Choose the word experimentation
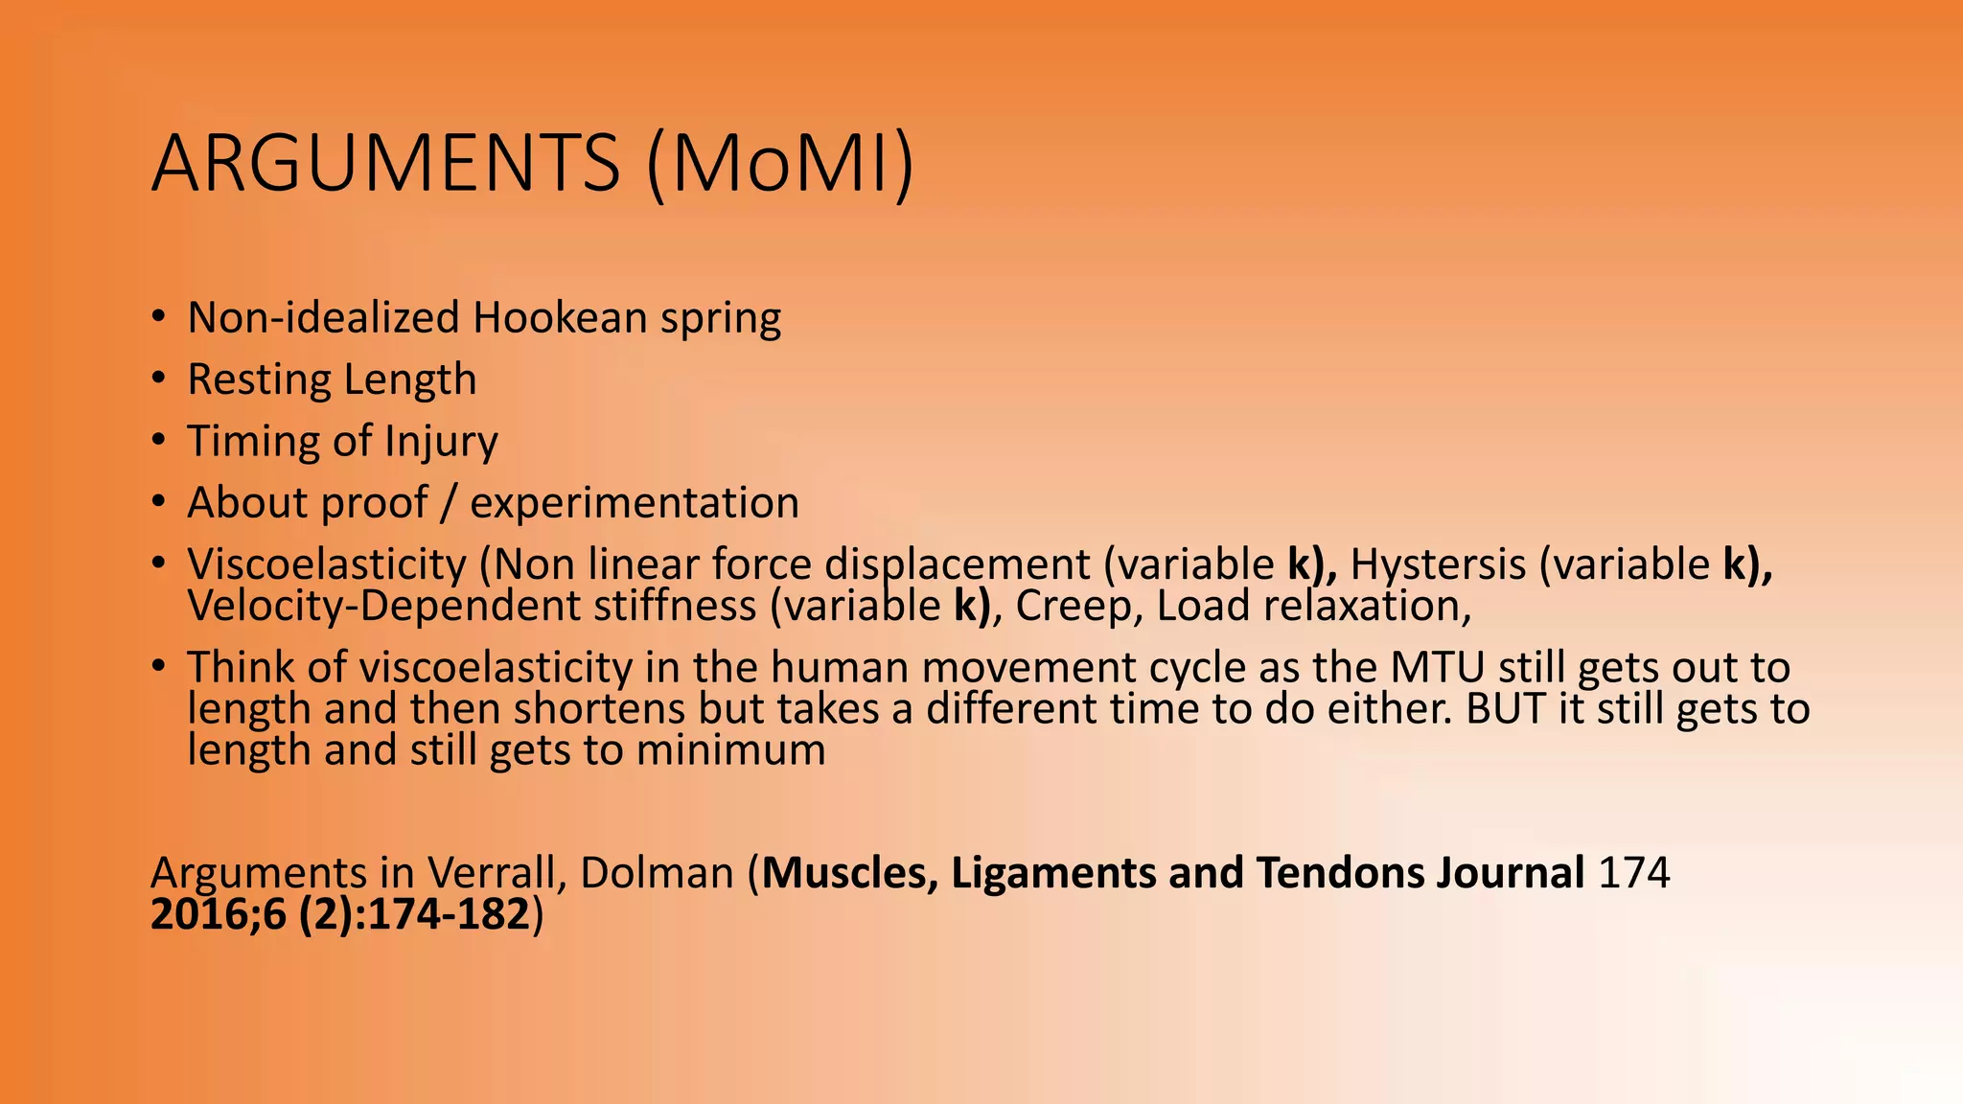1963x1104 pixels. (634, 503)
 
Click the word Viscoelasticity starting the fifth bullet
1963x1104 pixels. (326, 564)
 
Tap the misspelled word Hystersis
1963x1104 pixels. (1438, 564)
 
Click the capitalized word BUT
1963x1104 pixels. (1506, 709)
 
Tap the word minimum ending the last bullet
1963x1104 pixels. (730, 749)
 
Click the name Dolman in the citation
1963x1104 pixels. (657, 873)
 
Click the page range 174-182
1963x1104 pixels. (450, 914)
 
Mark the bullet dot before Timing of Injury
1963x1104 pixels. (159, 440)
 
